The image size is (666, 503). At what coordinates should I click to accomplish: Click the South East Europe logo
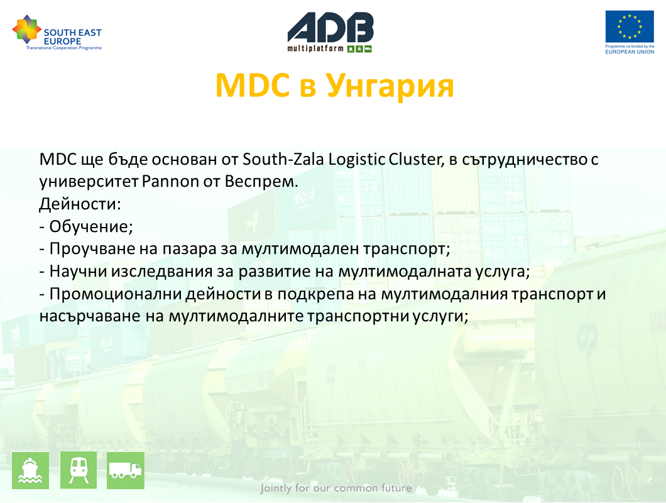click(x=57, y=33)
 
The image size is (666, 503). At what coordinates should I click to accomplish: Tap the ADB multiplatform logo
click(x=330, y=32)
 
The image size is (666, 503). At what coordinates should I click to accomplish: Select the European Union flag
click(x=630, y=27)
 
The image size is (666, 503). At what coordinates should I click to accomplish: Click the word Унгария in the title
click(x=390, y=86)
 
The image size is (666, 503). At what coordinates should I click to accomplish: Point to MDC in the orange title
click(x=253, y=86)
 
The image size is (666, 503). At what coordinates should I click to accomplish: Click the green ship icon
click(x=30, y=470)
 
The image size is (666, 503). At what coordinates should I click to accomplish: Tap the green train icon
click(x=79, y=470)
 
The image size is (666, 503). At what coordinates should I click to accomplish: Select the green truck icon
click(x=125, y=470)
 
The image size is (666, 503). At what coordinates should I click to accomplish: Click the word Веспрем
click(x=261, y=182)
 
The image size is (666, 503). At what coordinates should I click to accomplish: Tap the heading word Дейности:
click(x=80, y=204)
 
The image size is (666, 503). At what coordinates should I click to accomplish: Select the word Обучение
click(x=91, y=226)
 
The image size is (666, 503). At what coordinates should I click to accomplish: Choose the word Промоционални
click(x=116, y=294)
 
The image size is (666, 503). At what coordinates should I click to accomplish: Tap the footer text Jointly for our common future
click(x=336, y=488)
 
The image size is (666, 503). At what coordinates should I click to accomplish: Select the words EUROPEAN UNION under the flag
click(x=630, y=52)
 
